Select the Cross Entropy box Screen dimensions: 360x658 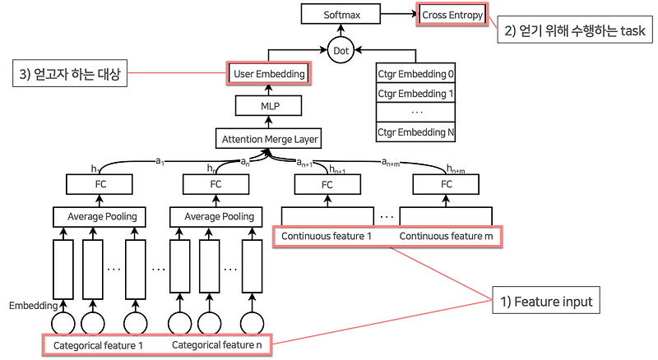click(452, 15)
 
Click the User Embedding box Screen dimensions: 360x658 click(269, 73)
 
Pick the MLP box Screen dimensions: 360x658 click(269, 105)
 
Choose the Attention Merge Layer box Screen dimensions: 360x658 click(269, 139)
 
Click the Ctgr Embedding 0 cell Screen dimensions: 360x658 click(415, 73)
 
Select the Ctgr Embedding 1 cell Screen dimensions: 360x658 click(415, 92)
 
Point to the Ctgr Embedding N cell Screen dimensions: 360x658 click(415, 132)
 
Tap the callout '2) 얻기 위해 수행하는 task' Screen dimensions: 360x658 click(577, 32)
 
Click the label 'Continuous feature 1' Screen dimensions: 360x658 click(327, 237)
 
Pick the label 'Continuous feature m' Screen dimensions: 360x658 click(445, 237)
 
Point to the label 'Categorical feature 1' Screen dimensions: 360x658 click(98, 345)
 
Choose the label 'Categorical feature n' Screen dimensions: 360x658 click(216, 345)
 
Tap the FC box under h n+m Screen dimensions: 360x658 click(447, 183)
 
